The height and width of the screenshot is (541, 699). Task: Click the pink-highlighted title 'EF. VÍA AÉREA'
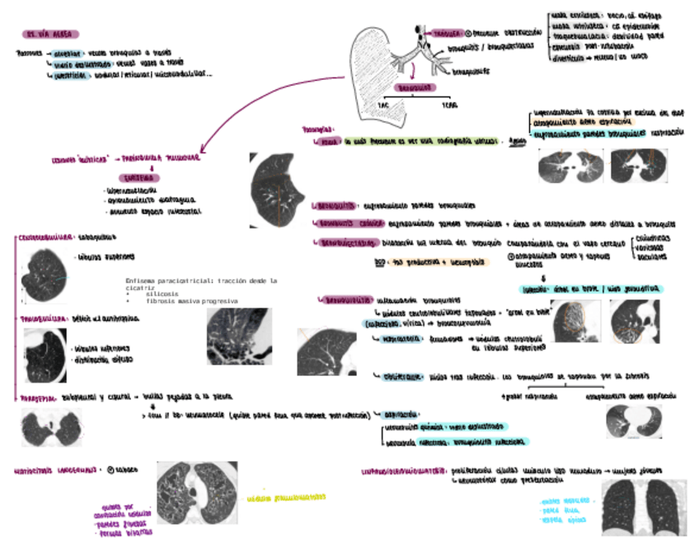click(x=50, y=34)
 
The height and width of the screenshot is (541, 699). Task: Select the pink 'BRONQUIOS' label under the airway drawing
click(x=415, y=87)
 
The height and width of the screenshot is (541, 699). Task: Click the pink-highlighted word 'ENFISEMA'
click(x=139, y=177)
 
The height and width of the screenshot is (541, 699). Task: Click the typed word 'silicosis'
click(x=161, y=294)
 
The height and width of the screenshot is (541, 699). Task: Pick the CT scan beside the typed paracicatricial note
click(x=238, y=336)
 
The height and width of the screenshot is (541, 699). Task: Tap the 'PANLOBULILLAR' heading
click(x=42, y=317)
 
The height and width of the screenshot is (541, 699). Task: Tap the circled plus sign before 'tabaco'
click(x=109, y=469)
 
